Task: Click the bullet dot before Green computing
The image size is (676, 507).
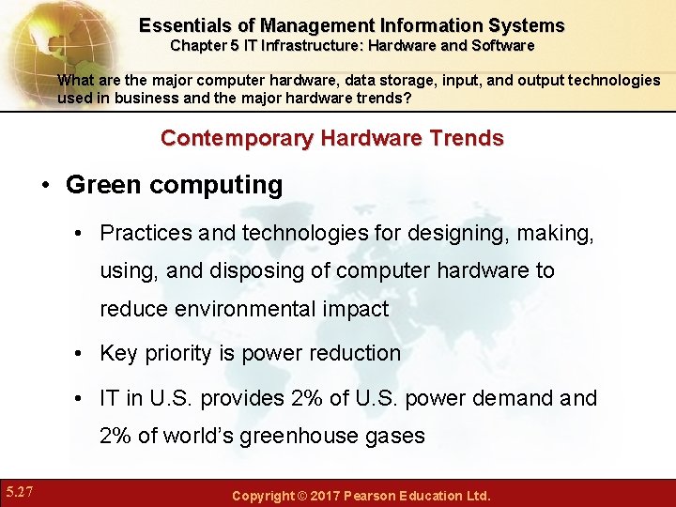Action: click(45, 185)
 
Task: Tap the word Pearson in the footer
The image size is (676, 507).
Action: click(377, 496)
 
